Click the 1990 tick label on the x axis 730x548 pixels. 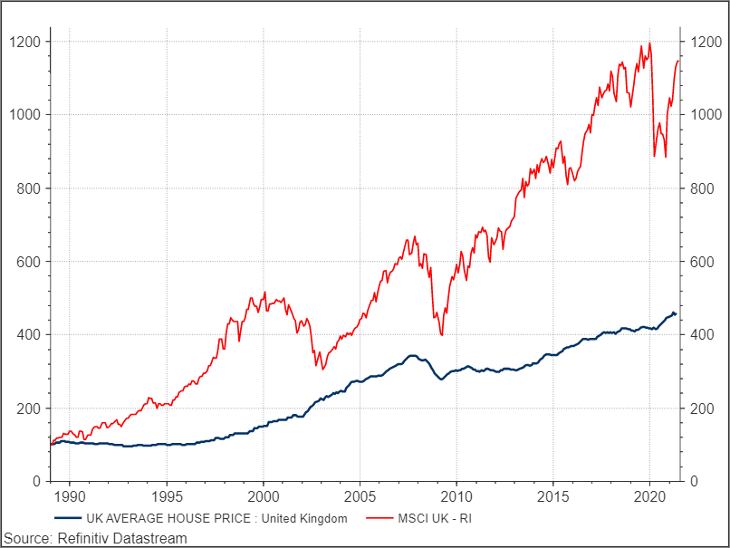tap(70, 497)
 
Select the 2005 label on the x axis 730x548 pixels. tap(360, 497)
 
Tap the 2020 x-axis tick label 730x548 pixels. tap(649, 497)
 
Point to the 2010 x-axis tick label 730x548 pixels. tap(456, 497)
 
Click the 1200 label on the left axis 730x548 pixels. tap(24, 42)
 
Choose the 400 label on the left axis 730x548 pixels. tap(29, 335)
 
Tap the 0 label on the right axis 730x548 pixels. tap(693, 482)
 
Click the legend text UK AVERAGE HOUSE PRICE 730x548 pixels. tap(216, 519)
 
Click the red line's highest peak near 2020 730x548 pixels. tap(649, 43)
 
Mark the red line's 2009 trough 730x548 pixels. tap(441, 335)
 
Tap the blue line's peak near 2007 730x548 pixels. tap(412, 355)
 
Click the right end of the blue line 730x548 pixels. tap(676, 313)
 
